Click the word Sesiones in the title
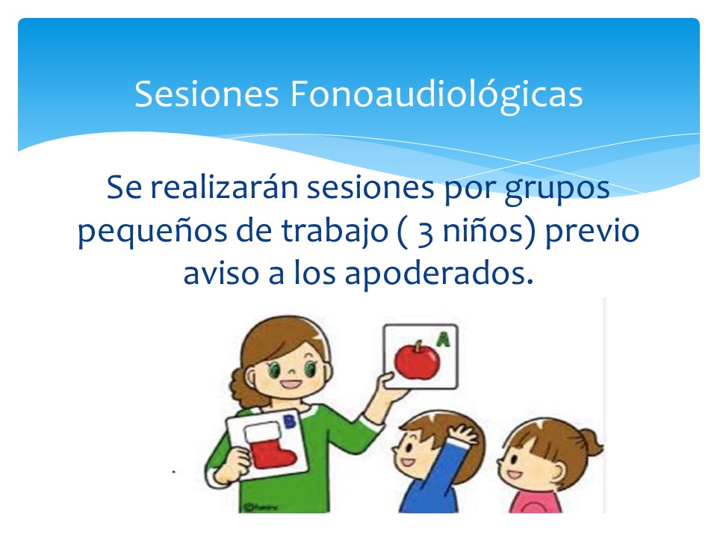207,94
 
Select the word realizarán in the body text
224,187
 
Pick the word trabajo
335,231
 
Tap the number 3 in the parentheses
425,234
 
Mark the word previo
592,231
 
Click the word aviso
221,273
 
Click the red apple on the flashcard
417,360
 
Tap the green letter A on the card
443,339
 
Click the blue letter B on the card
290,421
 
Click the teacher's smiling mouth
291,383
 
